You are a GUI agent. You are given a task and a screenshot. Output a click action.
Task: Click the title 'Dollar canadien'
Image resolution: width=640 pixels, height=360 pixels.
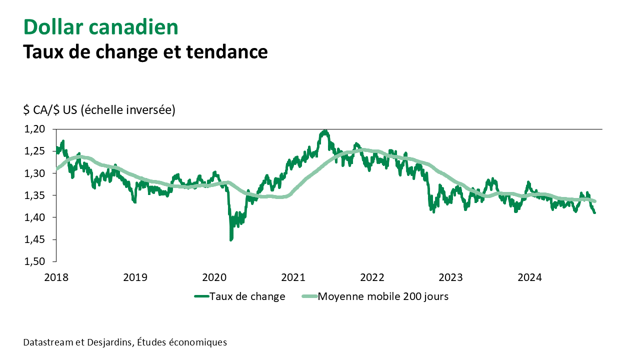100,27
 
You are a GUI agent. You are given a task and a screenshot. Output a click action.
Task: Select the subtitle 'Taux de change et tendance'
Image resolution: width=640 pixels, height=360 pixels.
145,51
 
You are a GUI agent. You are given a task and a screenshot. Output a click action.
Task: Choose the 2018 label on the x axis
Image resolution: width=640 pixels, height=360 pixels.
55,277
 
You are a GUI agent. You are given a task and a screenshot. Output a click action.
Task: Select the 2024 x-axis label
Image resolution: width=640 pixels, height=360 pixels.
529,277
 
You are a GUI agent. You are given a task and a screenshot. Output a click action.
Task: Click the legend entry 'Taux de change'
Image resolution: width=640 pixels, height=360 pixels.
247,296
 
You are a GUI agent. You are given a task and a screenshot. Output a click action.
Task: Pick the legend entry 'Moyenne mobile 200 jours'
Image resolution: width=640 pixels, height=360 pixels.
383,296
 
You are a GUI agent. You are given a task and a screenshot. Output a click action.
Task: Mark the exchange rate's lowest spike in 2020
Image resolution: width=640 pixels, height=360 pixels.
230,240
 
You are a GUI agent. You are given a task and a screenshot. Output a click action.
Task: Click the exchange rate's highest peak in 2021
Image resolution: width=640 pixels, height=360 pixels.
325,131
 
